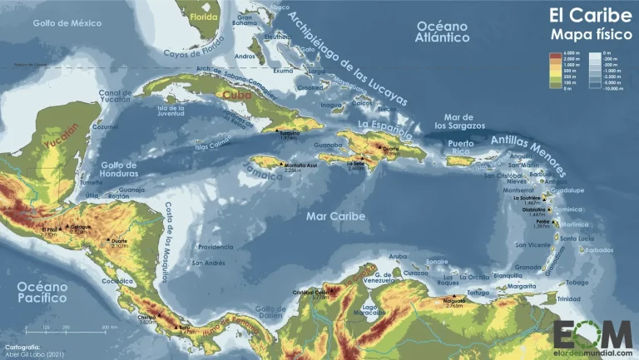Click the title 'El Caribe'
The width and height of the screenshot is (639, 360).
click(x=583, y=15)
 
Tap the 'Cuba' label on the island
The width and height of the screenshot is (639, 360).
click(x=236, y=95)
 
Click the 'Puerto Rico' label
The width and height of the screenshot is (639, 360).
click(x=464, y=148)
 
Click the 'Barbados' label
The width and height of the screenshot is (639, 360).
click(x=597, y=250)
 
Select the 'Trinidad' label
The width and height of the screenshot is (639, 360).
click(x=569, y=298)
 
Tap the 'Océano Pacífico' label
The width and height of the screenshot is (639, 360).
click(x=42, y=291)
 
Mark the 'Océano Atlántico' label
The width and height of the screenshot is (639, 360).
click(x=443, y=32)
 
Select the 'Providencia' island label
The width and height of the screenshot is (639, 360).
click(x=215, y=247)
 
